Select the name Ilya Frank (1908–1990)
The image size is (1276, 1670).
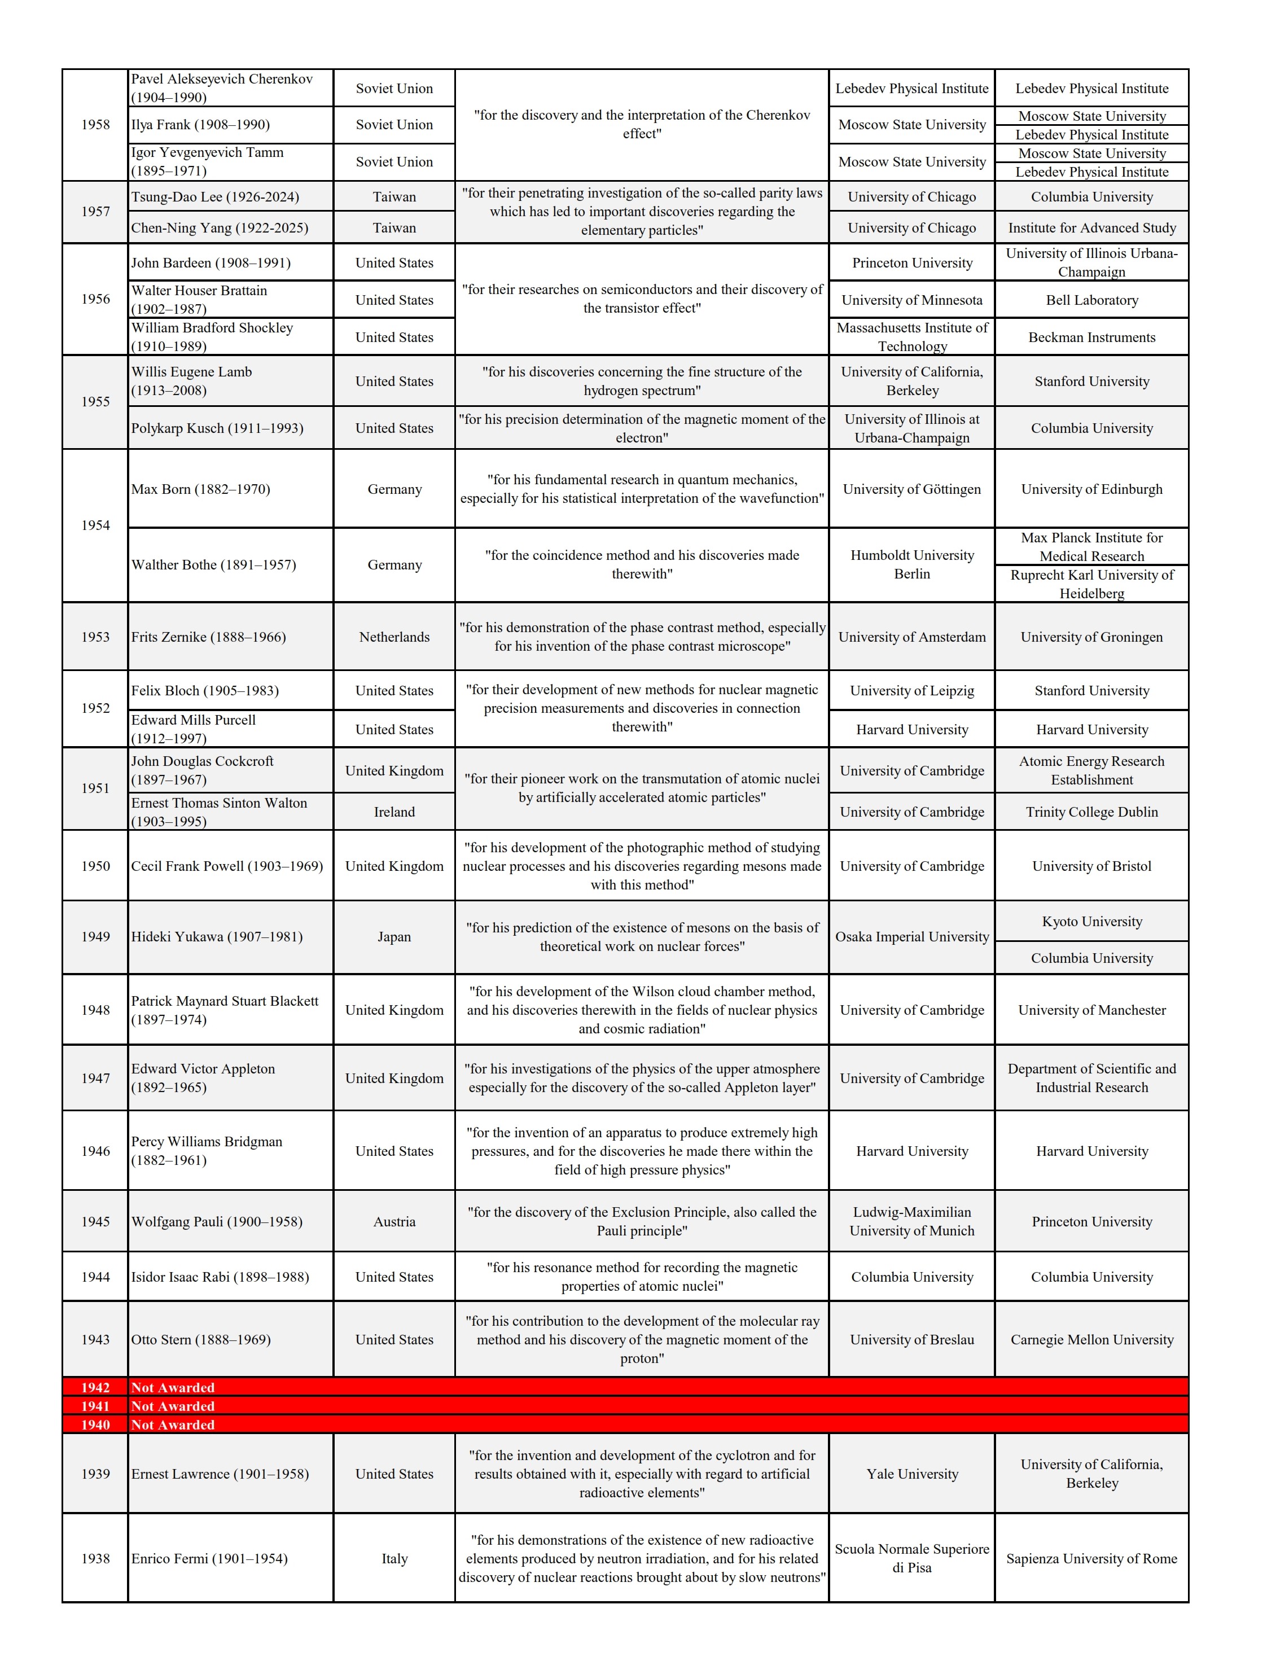click(x=200, y=125)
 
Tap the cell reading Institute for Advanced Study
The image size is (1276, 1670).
click(x=1091, y=228)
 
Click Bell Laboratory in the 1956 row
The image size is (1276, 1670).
click(x=1091, y=300)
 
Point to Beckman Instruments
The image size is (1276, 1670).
click(x=1091, y=337)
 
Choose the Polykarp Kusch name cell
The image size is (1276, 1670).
click(x=217, y=428)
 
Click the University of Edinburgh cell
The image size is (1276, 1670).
click(x=1091, y=489)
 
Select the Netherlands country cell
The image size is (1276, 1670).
click(x=394, y=637)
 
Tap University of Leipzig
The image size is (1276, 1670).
click(x=911, y=690)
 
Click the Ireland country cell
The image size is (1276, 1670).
click(x=394, y=812)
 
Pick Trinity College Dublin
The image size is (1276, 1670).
click(x=1091, y=812)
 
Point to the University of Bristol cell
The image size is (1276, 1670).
click(x=1091, y=866)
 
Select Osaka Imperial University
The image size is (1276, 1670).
click(x=911, y=936)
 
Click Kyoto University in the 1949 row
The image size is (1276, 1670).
click(x=1091, y=921)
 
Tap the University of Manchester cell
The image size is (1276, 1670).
click(x=1091, y=1010)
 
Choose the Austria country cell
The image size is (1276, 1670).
click(x=394, y=1221)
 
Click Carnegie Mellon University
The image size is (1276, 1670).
click(x=1091, y=1340)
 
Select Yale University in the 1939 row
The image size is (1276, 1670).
click(x=911, y=1474)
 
